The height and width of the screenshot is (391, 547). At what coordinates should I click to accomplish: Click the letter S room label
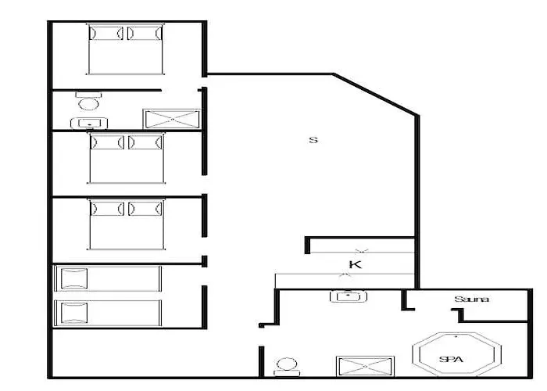tap(313, 140)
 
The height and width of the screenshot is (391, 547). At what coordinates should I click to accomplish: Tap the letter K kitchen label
tap(355, 264)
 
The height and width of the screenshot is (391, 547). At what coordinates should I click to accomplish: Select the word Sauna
tap(471, 300)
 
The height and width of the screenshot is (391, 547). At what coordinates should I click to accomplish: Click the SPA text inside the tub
tap(451, 359)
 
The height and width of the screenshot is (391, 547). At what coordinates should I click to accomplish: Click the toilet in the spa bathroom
tap(287, 368)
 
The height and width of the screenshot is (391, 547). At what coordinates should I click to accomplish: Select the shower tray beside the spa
tap(365, 366)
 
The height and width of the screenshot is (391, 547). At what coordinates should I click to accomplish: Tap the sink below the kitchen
tap(349, 296)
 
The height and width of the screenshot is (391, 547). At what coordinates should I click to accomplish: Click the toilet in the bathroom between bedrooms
tap(88, 101)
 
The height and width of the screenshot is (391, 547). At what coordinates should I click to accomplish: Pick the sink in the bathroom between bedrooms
tap(89, 124)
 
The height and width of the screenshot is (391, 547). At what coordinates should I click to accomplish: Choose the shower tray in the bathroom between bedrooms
tap(172, 119)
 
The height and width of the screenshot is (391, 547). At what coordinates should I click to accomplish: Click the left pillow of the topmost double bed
tap(106, 33)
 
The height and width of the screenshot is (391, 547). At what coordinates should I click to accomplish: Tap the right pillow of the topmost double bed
tap(145, 33)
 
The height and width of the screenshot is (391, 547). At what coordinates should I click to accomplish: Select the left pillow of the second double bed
tap(107, 142)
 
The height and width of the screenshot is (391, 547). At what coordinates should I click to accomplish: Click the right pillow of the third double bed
tap(145, 209)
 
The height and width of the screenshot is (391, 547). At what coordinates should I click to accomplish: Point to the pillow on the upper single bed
tap(74, 278)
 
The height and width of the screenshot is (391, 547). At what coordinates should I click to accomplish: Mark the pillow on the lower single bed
tap(74, 313)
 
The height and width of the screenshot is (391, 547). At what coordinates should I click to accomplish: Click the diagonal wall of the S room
tap(375, 94)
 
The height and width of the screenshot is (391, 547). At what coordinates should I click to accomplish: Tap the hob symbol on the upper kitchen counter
tap(361, 251)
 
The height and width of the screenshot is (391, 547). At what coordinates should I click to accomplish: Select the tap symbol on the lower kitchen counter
tap(345, 275)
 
